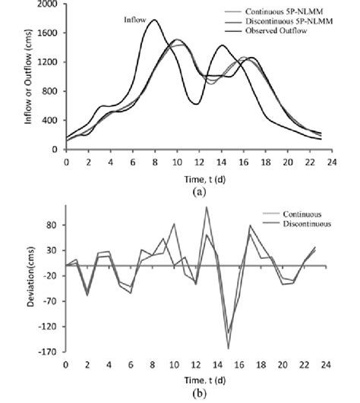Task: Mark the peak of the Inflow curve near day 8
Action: (154, 20)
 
